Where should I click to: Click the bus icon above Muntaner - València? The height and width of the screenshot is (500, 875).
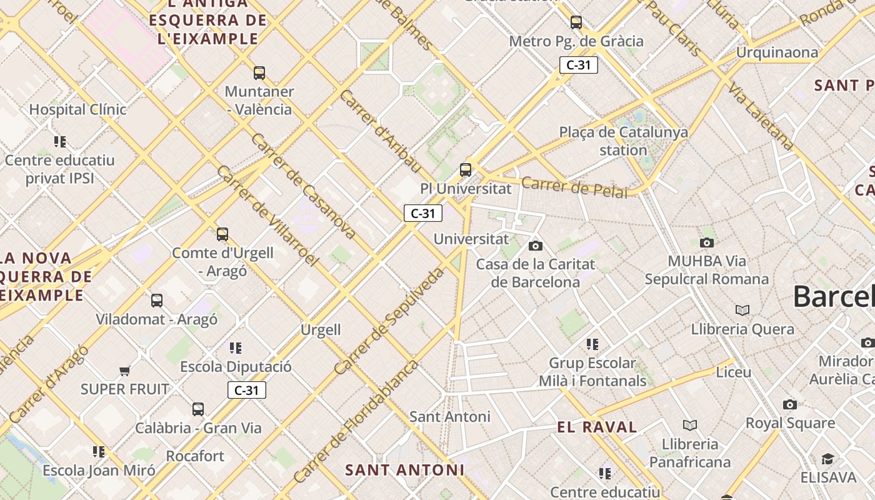click(259, 73)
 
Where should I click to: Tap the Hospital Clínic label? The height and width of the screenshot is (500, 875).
click(77, 109)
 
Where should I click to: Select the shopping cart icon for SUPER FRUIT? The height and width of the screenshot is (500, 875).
click(125, 371)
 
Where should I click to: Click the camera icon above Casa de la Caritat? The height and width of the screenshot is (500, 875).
click(536, 246)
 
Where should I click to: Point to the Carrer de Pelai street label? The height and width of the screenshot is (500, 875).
click(574, 187)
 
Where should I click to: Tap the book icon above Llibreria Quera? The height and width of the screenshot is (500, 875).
click(742, 311)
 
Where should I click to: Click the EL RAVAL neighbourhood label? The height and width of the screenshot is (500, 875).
click(597, 427)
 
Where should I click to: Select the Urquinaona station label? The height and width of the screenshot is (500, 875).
click(777, 52)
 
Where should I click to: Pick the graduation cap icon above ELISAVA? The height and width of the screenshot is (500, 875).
click(827, 459)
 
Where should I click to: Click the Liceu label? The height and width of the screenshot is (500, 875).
click(733, 372)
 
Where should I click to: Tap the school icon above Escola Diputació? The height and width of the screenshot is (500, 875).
click(236, 348)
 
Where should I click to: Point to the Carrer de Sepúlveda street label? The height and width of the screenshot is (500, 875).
click(389, 321)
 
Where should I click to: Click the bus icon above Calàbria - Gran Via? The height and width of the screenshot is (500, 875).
click(198, 409)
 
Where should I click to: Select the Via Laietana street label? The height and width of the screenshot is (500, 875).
click(759, 116)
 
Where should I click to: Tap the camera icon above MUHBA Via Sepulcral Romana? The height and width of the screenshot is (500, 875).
click(707, 242)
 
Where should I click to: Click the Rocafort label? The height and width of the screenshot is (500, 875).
click(195, 456)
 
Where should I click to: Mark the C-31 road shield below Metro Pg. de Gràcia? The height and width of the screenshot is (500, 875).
click(578, 65)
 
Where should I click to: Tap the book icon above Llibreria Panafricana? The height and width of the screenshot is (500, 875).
click(690, 426)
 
